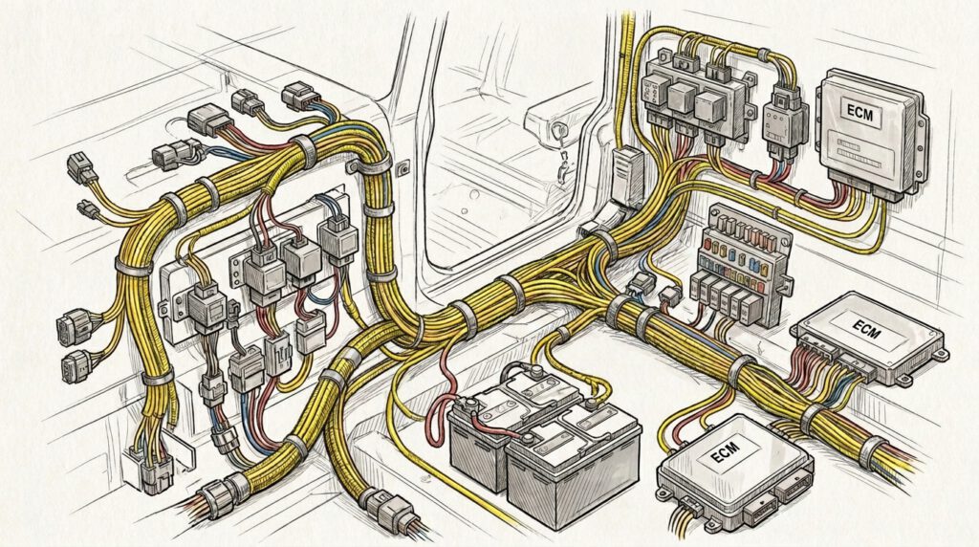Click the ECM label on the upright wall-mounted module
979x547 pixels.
[x=860, y=113]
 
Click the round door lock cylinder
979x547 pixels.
[x=555, y=132]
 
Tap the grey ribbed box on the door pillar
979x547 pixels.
[x=627, y=177]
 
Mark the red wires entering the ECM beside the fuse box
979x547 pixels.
[x=813, y=368]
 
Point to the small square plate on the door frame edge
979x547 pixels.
[x=403, y=168]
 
